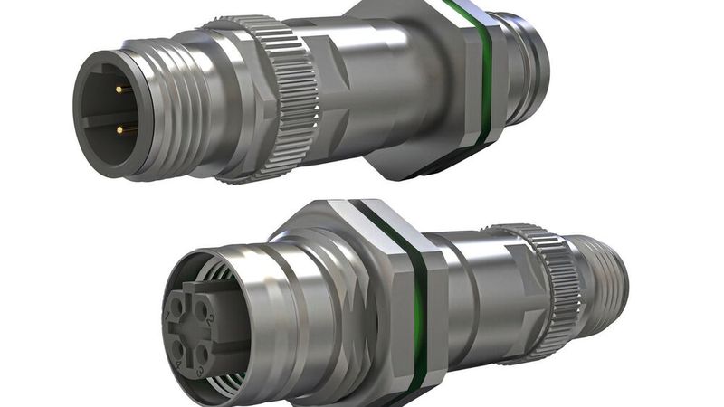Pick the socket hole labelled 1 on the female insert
pyautogui.click(x=181, y=312)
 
